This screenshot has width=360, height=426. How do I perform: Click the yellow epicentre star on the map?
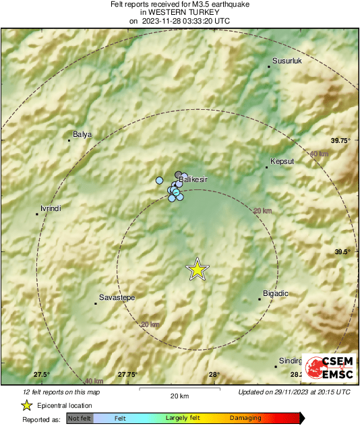click(x=197, y=270)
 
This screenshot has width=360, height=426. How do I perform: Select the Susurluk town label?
click(x=289, y=61)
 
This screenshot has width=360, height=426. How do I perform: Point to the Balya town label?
click(x=82, y=135)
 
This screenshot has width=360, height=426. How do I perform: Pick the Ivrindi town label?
click(x=51, y=208)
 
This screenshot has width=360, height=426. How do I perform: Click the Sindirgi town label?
click(x=289, y=361)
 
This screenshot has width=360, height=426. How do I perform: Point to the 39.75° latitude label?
click(x=342, y=140)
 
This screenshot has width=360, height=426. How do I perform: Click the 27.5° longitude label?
click(x=42, y=375)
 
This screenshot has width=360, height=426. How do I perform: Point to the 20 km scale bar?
click(x=179, y=390)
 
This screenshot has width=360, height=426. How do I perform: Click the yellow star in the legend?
click(x=26, y=405)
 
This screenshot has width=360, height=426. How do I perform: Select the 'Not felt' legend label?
click(x=80, y=418)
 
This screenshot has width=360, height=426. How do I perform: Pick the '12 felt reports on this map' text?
click(x=61, y=392)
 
